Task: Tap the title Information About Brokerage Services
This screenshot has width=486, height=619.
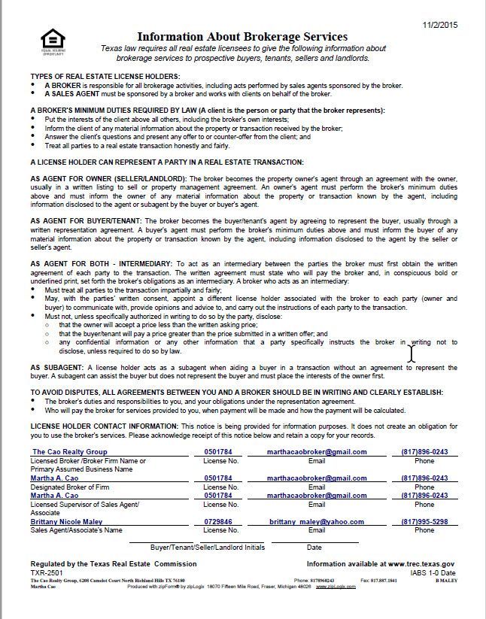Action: (241, 37)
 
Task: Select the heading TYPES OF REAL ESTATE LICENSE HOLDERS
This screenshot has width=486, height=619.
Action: (105, 77)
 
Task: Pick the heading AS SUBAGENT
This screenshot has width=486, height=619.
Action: (55, 369)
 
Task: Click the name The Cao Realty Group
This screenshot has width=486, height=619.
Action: (69, 452)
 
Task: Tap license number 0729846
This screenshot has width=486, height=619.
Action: (218, 521)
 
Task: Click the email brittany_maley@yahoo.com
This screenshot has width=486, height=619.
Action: (316, 521)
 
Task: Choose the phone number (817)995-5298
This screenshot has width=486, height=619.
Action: (424, 521)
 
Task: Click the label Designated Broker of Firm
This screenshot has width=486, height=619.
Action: (71, 487)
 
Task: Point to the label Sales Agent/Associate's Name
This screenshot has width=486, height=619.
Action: (76, 530)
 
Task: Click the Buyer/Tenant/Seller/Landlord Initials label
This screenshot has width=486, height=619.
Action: (207, 548)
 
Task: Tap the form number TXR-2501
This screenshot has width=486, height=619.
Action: (47, 572)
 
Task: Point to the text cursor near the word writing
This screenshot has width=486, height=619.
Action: (412, 352)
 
